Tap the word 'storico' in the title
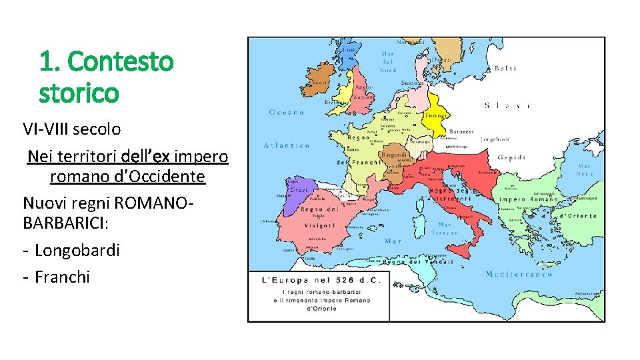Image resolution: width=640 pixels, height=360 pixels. pyautogui.click(x=79, y=93)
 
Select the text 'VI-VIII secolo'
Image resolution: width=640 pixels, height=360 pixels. pyautogui.click(x=71, y=129)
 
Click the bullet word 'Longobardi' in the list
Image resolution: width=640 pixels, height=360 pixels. pyautogui.click(x=77, y=250)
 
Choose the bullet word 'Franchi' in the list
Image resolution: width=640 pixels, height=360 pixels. pyautogui.click(x=62, y=277)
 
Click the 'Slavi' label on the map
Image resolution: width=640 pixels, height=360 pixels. pyautogui.click(x=507, y=105)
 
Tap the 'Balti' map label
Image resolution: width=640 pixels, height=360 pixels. pyautogui.click(x=505, y=68)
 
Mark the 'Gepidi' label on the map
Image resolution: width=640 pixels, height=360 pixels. pyautogui.click(x=511, y=157)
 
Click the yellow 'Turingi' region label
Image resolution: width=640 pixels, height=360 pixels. pyautogui.click(x=435, y=115)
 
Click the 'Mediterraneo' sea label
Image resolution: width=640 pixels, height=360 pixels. pyautogui.click(x=515, y=274)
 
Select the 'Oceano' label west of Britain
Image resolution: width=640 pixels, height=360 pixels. pyautogui.click(x=286, y=112)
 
